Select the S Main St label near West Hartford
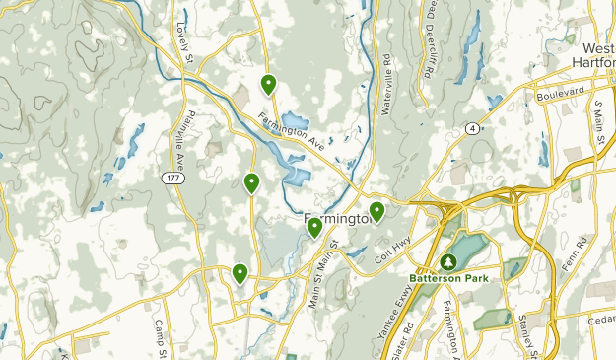pyautogui.click(x=597, y=125)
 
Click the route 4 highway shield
pyautogui.click(x=474, y=128)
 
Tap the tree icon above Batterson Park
pyautogui.click(x=448, y=262)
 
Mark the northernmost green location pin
pyautogui.click(x=268, y=85)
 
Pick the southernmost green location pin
pyautogui.click(x=240, y=274)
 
